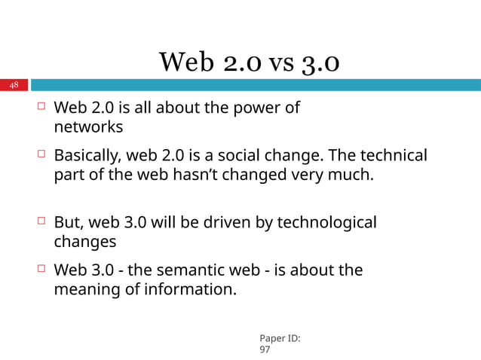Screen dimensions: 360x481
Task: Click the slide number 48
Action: pyautogui.click(x=14, y=85)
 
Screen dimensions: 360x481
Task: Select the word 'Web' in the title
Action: pyautogui.click(x=185, y=63)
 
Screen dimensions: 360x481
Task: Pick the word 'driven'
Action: pyautogui.click(x=231, y=223)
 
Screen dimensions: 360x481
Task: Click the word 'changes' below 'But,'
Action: pyautogui.click(x=85, y=243)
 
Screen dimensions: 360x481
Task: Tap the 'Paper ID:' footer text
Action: pyautogui.click(x=279, y=339)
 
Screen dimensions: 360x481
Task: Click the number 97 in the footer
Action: pyautogui.click(x=265, y=350)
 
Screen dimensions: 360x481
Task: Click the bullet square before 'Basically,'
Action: pyautogui.click(x=41, y=155)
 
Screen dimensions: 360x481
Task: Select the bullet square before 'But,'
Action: pyautogui.click(x=41, y=222)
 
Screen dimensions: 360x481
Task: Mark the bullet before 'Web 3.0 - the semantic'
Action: pyautogui.click(x=41, y=269)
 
